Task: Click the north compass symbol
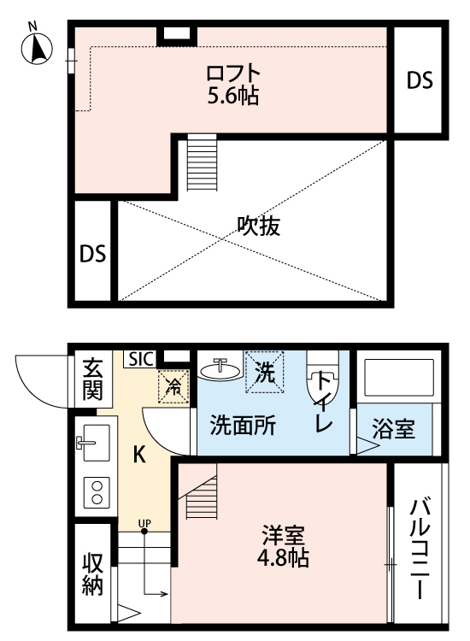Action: (x=37, y=48)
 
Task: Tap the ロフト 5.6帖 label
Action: (x=232, y=83)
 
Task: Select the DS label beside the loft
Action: (x=419, y=80)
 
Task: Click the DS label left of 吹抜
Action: (x=92, y=254)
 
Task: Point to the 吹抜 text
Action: (x=259, y=226)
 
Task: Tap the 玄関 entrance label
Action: (x=91, y=379)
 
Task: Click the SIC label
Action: (x=141, y=359)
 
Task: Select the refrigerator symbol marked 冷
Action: (x=174, y=386)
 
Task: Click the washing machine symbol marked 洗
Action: (x=264, y=373)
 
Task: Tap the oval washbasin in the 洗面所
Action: (x=220, y=370)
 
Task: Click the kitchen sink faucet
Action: (x=86, y=443)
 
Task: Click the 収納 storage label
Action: (x=92, y=574)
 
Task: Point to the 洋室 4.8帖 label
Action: (x=284, y=547)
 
